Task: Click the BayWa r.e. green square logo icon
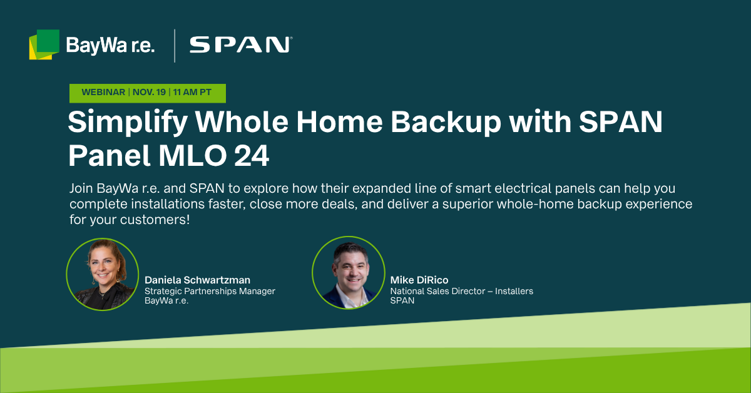[x=44, y=44]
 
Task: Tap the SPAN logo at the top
[x=241, y=45]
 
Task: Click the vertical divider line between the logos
[x=175, y=46]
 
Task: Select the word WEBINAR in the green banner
[x=103, y=92]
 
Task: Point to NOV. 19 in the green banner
[x=149, y=92]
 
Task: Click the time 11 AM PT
[x=192, y=92]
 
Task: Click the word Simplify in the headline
[x=128, y=123]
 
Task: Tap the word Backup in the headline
[x=446, y=123]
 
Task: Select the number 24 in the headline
[x=252, y=156]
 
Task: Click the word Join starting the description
[x=81, y=188]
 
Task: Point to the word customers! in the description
[x=155, y=220]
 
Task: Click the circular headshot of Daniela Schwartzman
[x=103, y=274]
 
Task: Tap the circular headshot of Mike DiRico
[x=349, y=273]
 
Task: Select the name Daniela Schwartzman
[x=198, y=280]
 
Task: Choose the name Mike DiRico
[x=419, y=280]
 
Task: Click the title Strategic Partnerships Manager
[x=210, y=291]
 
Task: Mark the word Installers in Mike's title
[x=514, y=291]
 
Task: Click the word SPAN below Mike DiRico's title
[x=402, y=300]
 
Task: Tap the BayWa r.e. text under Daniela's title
[x=166, y=301]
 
